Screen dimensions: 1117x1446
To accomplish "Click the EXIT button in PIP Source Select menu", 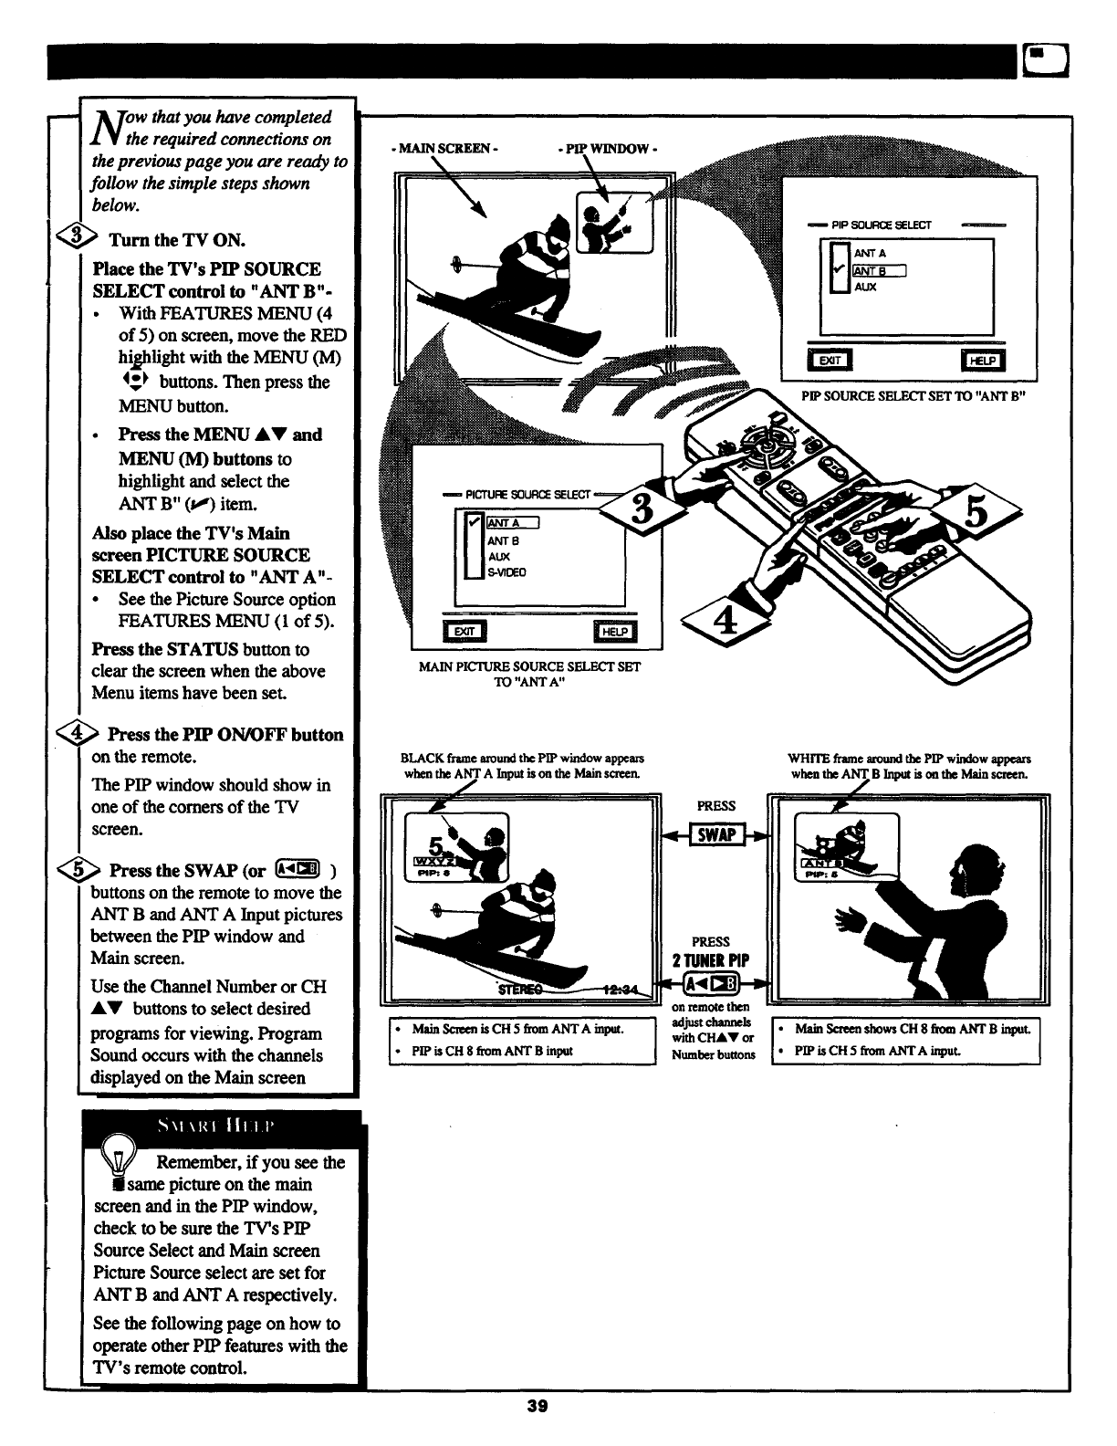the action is [830, 361].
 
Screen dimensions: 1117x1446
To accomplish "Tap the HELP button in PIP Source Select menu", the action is [982, 361].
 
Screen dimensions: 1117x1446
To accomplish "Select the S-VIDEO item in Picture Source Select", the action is [506, 572].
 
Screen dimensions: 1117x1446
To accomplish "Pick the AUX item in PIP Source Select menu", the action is [866, 287].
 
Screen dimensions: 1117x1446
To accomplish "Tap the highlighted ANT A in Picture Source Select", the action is [514, 523].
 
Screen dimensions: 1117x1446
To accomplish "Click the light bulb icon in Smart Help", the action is [119, 1155].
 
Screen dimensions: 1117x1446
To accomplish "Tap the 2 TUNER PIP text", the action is [711, 959].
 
